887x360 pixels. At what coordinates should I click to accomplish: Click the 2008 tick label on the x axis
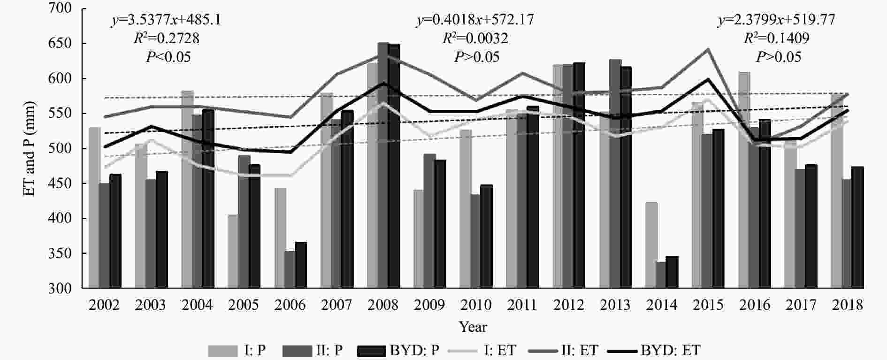(383, 305)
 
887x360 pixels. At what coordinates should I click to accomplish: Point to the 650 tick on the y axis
(61, 44)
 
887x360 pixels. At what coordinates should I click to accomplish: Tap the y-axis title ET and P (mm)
(30, 149)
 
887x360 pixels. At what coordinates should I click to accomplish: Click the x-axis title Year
(473, 327)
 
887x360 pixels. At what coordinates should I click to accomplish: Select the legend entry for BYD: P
(399, 350)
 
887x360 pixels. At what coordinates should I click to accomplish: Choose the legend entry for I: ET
(483, 350)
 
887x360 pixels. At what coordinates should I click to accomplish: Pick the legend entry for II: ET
(563, 350)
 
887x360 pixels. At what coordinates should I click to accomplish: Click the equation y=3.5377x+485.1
(167, 20)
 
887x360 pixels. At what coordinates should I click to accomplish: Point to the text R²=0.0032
(475, 38)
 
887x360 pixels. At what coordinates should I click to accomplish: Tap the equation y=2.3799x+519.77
(776, 20)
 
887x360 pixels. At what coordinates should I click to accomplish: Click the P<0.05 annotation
(168, 57)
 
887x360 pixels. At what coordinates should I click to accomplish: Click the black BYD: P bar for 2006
(301, 265)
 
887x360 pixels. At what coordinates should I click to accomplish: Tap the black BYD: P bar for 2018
(857, 227)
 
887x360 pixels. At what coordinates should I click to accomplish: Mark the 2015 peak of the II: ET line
(708, 49)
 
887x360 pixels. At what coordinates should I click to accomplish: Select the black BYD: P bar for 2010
(486, 237)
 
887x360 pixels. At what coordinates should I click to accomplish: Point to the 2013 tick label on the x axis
(615, 305)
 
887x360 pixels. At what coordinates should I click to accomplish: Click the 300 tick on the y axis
(61, 288)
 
